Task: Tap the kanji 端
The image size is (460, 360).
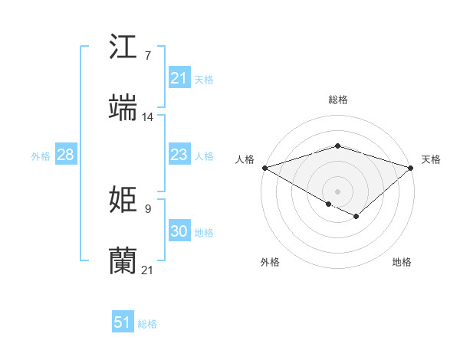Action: pyautogui.click(x=123, y=107)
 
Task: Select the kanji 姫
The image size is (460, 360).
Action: pyautogui.click(x=123, y=200)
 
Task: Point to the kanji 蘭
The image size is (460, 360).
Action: pyautogui.click(x=123, y=261)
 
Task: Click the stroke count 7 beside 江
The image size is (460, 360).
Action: pyautogui.click(x=147, y=56)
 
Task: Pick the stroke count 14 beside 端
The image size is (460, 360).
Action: pyautogui.click(x=148, y=117)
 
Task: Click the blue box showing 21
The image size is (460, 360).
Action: pyautogui.click(x=179, y=78)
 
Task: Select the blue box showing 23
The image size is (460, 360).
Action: pyautogui.click(x=179, y=155)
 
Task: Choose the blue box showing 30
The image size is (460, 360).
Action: pyautogui.click(x=179, y=231)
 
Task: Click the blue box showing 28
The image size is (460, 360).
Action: pyautogui.click(x=66, y=155)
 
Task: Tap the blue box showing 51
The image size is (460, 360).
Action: pyautogui.click(x=123, y=323)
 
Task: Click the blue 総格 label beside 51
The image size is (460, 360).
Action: pyautogui.click(x=147, y=324)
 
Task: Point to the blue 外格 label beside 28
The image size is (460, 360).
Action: pyautogui.click(x=41, y=155)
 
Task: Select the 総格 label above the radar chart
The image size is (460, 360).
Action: pyautogui.click(x=337, y=100)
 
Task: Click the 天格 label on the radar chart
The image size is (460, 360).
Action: pyautogui.click(x=431, y=159)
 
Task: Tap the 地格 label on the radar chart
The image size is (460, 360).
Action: pyautogui.click(x=402, y=262)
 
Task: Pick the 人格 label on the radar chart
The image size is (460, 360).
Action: pyautogui.click(x=245, y=159)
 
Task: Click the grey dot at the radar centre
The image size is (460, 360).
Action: pyautogui.click(x=337, y=190)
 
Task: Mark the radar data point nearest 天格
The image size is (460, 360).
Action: pyautogui.click(x=411, y=167)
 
